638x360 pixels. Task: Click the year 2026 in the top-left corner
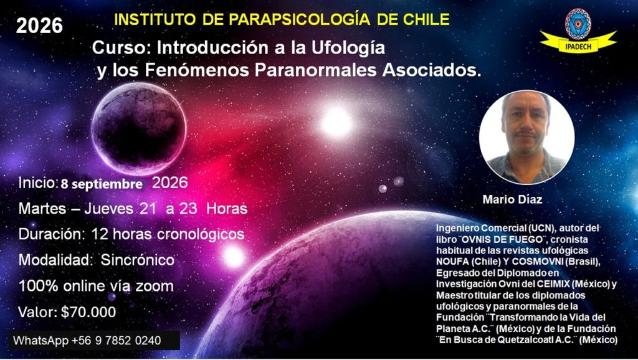[x=39, y=26]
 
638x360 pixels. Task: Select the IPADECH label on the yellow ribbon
[x=578, y=46]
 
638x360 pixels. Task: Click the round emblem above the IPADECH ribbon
[x=578, y=24]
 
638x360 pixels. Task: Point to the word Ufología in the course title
[x=348, y=48]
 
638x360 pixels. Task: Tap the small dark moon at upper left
[x=139, y=128]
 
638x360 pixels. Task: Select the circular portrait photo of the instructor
[x=526, y=137]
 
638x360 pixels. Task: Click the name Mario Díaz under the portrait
[x=512, y=199]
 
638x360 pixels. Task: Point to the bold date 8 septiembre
[x=102, y=184]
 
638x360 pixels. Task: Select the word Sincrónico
[x=138, y=260]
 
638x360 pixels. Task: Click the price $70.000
[x=88, y=312]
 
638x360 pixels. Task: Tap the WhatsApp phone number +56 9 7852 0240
[x=116, y=341]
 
